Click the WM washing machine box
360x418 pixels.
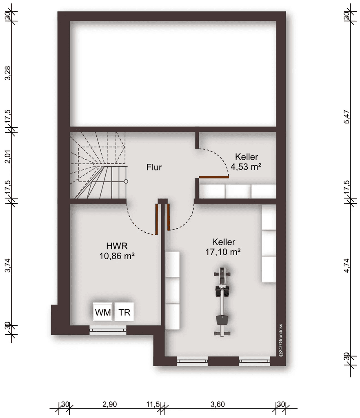102,312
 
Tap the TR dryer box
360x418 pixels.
124,312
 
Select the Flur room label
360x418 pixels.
154,167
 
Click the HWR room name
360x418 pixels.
117,246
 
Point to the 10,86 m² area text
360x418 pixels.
117,256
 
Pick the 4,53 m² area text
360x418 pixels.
246,167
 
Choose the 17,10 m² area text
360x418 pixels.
223,252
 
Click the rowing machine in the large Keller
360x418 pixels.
222,302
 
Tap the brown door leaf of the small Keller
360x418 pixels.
214,177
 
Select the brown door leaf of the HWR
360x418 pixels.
157,219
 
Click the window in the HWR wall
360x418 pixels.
108,330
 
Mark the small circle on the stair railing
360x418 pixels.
126,182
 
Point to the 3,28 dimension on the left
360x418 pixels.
8,73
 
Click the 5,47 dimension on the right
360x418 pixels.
346,117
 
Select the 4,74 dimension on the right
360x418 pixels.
346,265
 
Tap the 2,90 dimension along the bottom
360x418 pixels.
109,405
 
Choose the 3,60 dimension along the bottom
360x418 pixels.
218,405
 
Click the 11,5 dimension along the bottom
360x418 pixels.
153,405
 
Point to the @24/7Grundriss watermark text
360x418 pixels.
280,340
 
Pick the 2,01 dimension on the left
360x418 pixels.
8,156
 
